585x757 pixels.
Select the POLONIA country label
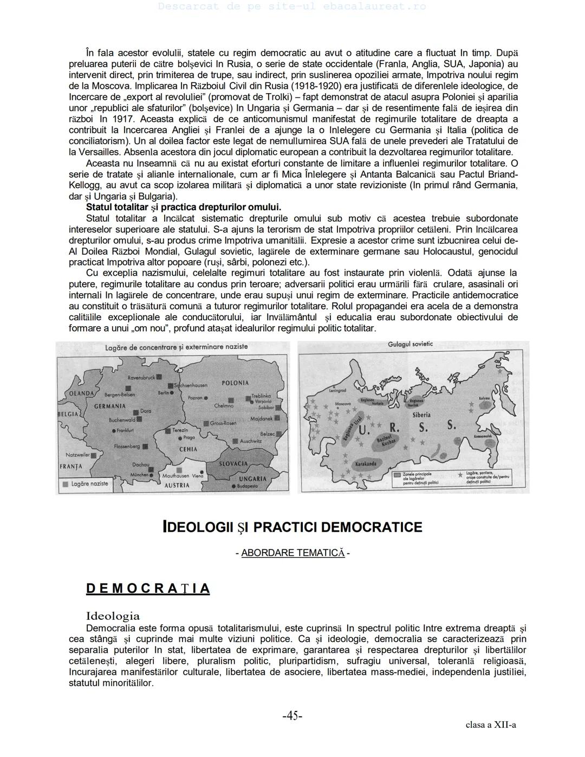point(235,383)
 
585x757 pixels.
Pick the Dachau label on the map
point(140,464)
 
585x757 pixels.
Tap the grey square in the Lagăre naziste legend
point(65,484)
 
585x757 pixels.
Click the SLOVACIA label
point(233,464)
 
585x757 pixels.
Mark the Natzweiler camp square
point(95,455)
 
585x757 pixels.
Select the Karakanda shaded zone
point(366,464)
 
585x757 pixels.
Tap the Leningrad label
point(337,390)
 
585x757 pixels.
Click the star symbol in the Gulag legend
point(460,474)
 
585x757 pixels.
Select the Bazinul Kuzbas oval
point(383,440)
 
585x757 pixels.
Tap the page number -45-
point(292,716)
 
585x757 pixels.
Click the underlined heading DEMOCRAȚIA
point(148,588)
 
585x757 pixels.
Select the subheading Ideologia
point(113,616)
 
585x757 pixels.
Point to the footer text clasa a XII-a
point(490,724)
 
